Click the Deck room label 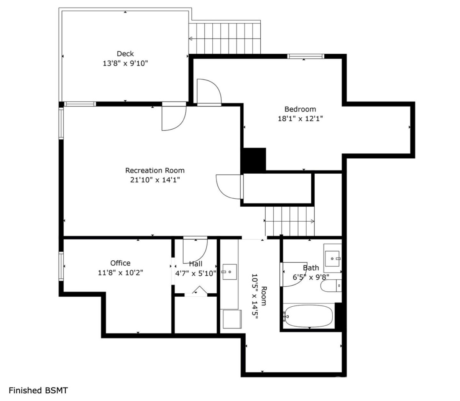(x=125, y=54)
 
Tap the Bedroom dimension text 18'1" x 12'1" (x=301, y=118)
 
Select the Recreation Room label (x=155, y=170)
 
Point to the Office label (x=120, y=263)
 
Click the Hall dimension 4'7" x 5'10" (x=195, y=273)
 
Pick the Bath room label (x=311, y=268)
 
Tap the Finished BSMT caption (x=38, y=390)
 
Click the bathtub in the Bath (x=308, y=316)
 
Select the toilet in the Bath (x=331, y=286)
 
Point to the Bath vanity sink (x=332, y=258)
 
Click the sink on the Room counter (x=230, y=272)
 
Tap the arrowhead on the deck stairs (x=191, y=39)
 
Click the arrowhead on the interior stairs (x=312, y=222)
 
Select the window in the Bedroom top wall (x=306, y=56)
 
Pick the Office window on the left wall (x=61, y=266)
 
